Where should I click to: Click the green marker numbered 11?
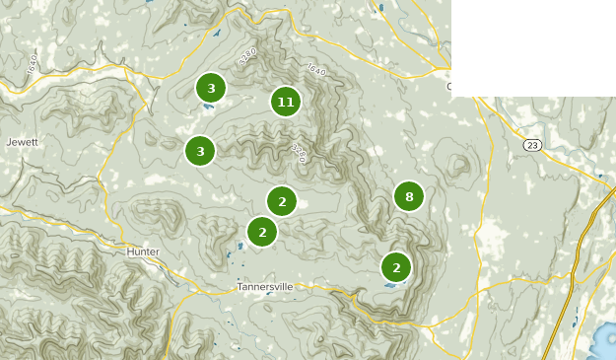(x=285, y=101)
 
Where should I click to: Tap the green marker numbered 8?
(x=408, y=196)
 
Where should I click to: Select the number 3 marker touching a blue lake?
(x=210, y=88)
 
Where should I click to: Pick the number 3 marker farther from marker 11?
(x=200, y=151)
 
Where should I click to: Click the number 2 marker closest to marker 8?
(x=395, y=266)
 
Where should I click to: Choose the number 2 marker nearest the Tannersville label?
(x=261, y=233)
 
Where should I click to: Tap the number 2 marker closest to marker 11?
(x=282, y=201)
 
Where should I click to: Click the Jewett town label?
(x=22, y=142)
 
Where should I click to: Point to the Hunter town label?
(x=143, y=252)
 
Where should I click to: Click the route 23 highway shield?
(x=532, y=145)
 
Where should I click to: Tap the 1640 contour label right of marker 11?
(x=316, y=71)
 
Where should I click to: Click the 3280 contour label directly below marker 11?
(x=299, y=152)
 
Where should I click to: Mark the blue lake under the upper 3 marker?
(x=209, y=104)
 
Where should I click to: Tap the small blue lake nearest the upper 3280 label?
(x=216, y=33)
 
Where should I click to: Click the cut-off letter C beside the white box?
(x=449, y=87)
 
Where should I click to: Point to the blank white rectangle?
(x=532, y=47)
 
